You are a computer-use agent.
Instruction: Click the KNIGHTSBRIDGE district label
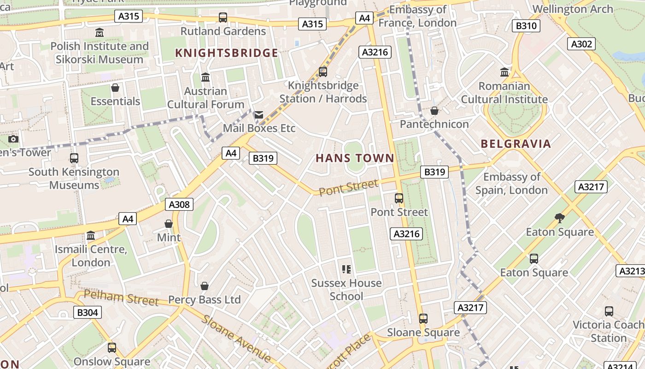click(x=227, y=53)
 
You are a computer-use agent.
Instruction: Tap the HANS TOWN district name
click(x=355, y=158)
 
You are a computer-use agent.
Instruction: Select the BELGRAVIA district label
click(x=516, y=143)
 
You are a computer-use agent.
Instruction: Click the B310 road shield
click(x=526, y=25)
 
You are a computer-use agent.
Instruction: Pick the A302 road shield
click(x=581, y=44)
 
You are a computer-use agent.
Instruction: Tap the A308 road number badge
click(x=179, y=204)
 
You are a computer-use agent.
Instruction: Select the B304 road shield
click(x=87, y=312)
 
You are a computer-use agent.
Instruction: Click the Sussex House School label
click(x=346, y=289)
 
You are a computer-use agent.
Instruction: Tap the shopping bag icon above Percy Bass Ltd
click(x=205, y=286)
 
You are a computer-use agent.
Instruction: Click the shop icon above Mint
click(x=169, y=224)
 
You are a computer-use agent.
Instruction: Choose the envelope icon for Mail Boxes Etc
click(x=259, y=115)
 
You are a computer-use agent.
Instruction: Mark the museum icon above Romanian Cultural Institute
click(x=504, y=72)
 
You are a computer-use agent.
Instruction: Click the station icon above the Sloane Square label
click(x=423, y=318)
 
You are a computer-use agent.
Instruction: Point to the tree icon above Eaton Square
click(x=560, y=218)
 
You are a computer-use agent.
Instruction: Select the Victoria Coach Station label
click(x=608, y=331)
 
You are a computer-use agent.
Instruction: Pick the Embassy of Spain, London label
click(x=511, y=183)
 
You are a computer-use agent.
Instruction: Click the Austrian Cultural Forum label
click(x=205, y=97)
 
